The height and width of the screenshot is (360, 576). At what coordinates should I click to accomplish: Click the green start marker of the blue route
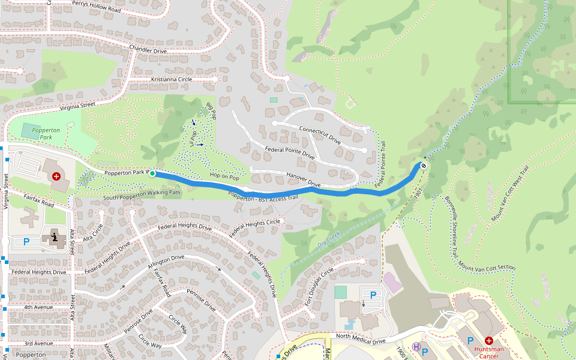(x=152, y=173)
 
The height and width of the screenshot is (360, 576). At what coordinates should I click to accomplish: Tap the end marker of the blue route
(x=424, y=166)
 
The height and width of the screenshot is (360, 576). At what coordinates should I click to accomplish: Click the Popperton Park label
(x=46, y=133)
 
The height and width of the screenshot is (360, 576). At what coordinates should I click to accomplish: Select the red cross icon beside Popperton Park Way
(x=56, y=176)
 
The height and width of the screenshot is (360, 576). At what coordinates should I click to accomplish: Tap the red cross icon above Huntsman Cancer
(x=489, y=340)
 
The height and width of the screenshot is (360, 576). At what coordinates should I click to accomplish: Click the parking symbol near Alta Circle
(x=26, y=241)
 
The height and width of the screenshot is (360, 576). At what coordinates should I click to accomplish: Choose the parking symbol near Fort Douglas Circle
(x=373, y=295)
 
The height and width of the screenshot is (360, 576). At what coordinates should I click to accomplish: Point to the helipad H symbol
(x=416, y=347)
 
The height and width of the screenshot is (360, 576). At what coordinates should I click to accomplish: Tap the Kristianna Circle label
(x=163, y=79)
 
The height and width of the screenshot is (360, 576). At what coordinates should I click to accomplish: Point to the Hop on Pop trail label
(x=224, y=178)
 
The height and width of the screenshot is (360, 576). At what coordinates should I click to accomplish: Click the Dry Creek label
(x=329, y=240)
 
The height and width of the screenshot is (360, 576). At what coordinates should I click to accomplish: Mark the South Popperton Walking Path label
(x=142, y=194)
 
